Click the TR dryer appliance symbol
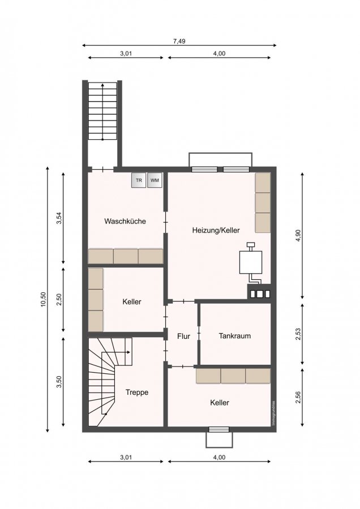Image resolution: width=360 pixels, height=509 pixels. click(139, 180)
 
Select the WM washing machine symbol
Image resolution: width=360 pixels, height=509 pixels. click(155, 180)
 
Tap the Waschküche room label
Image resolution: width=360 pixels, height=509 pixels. click(125, 221)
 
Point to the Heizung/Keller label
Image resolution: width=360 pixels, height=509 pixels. click(216, 230)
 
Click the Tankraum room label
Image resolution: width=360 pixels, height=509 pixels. click(234, 335)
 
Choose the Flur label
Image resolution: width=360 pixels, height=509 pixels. click(183, 337)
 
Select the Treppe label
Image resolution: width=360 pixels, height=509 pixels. click(137, 392)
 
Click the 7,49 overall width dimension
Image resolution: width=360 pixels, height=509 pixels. click(179, 41)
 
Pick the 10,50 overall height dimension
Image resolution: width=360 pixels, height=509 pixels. click(44, 299)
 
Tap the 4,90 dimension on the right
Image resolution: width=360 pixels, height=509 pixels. click(299, 236)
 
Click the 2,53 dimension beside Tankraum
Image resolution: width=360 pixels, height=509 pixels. click(298, 334)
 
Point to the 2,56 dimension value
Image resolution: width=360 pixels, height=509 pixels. click(298, 398)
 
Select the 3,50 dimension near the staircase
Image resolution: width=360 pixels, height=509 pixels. click(59, 382)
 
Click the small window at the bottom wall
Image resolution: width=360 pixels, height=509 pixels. click(218, 429)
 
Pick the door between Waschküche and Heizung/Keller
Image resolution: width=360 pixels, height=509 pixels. click(166, 223)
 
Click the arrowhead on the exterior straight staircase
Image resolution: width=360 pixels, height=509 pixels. click(102, 85)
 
